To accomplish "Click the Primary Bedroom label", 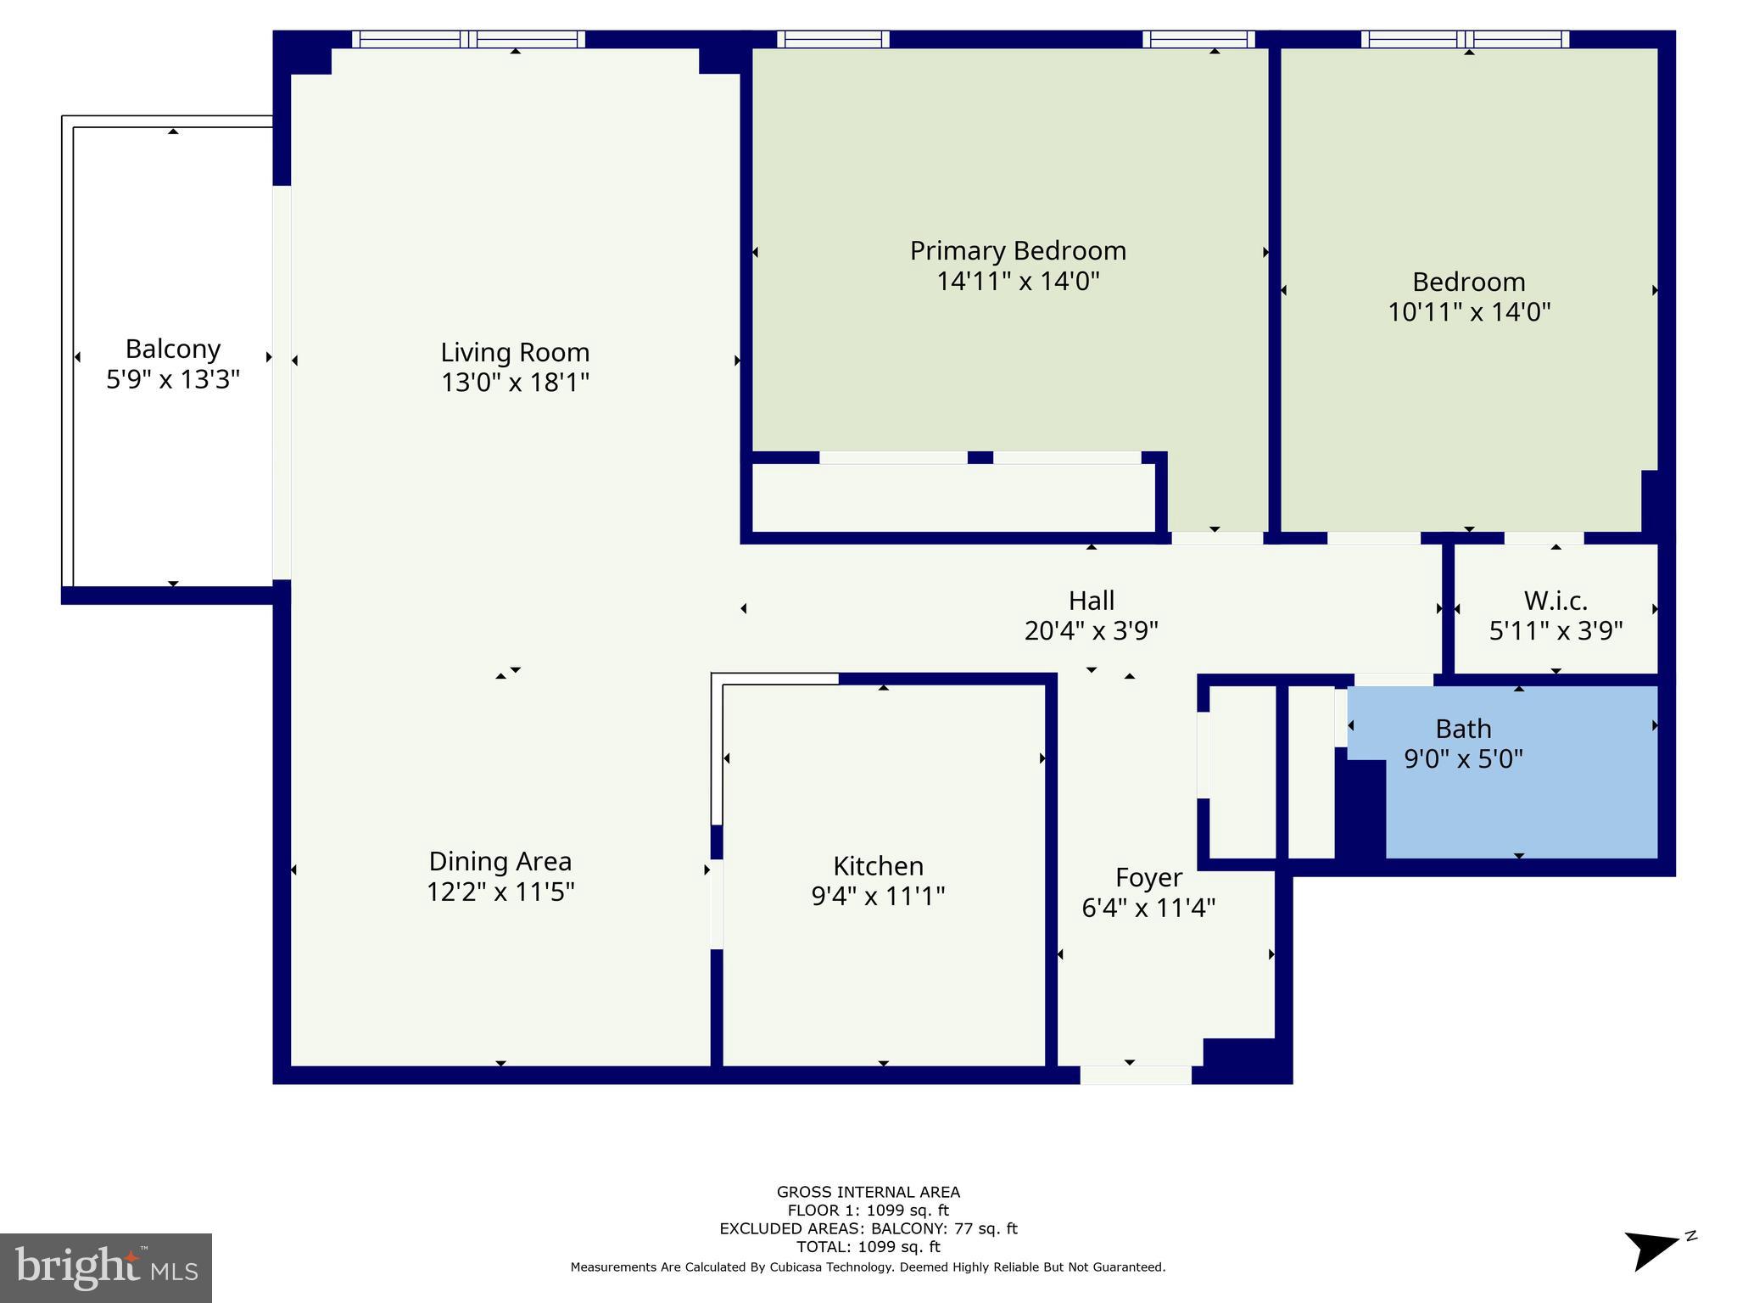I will [x=1018, y=251].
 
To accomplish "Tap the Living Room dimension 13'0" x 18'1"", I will [x=515, y=383].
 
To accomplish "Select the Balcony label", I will [x=173, y=349].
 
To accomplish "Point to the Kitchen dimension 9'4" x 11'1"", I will [x=878, y=896].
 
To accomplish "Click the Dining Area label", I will [x=500, y=861].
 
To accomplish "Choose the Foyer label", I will [x=1148, y=877].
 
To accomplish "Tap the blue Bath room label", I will [x=1463, y=729].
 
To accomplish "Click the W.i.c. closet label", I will [x=1555, y=601].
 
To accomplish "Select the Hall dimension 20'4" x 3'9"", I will [x=1091, y=631].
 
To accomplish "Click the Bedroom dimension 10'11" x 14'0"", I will [x=1469, y=312].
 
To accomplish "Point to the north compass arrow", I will [x=1652, y=1250].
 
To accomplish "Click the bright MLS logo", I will [x=106, y=1267].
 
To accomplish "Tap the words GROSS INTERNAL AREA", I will [x=868, y=1192].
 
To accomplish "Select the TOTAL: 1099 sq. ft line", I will [x=868, y=1247].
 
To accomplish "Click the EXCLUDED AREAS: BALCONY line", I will [x=868, y=1228].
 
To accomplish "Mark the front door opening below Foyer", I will [x=1135, y=1075].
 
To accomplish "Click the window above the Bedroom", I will [x=1465, y=39].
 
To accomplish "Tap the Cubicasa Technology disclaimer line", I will [x=868, y=1267].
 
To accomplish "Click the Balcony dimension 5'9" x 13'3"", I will [x=173, y=379].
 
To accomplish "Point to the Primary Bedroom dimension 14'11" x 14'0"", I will [x=1018, y=282].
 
